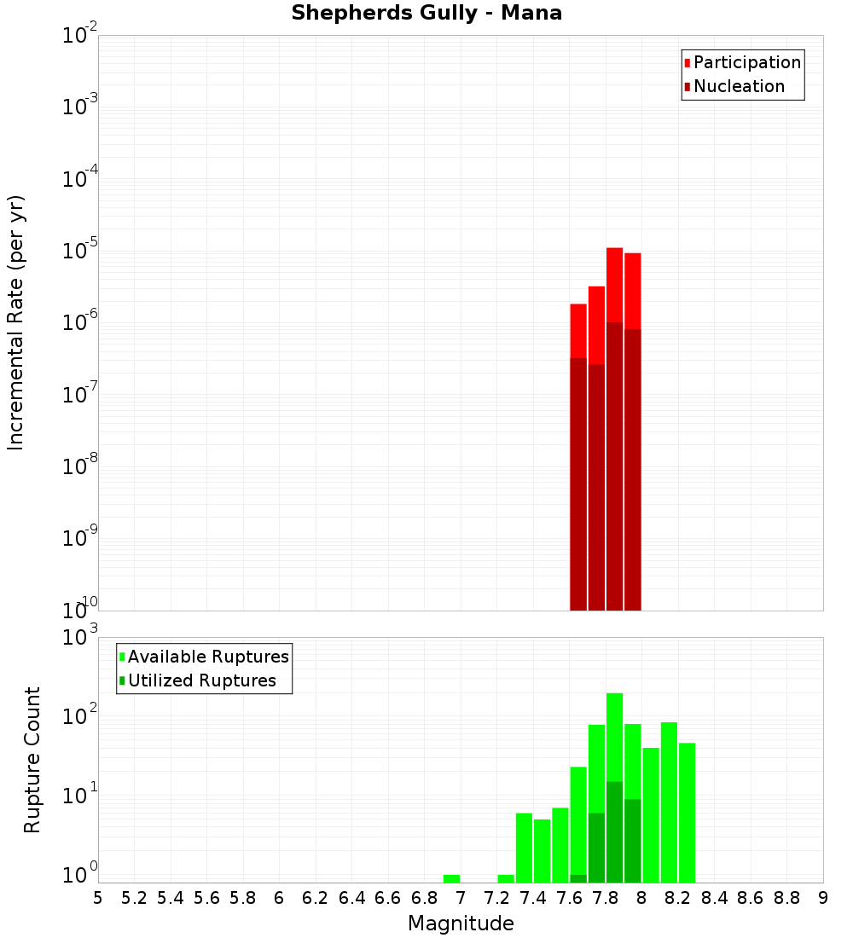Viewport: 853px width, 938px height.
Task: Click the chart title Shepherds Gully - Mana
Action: tap(426, 13)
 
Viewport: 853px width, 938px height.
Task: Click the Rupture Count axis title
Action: tap(32, 760)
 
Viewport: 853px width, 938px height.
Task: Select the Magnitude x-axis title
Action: tap(461, 924)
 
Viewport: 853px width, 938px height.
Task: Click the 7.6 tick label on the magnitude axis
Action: tap(569, 898)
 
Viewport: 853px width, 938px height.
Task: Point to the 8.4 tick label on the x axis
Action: tap(714, 898)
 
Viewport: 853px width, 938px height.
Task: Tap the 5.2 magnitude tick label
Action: tap(134, 898)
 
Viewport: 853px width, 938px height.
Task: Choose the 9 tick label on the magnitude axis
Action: tap(822, 898)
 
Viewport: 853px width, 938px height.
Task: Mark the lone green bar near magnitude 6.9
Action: tap(451, 878)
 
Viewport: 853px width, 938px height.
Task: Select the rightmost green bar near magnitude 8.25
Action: tap(687, 810)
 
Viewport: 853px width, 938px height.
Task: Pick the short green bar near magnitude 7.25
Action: tap(506, 878)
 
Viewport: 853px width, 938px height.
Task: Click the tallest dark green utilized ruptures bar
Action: tap(614, 831)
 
